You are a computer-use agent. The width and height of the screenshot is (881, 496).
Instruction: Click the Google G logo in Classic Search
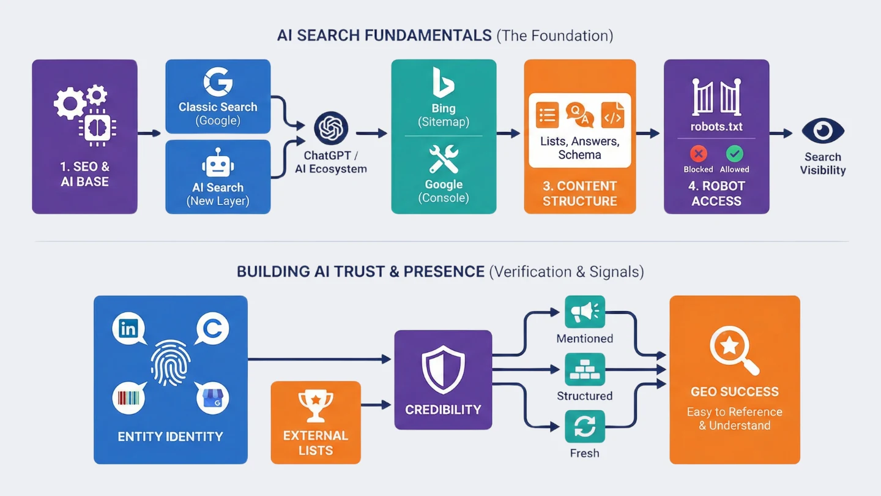(218, 82)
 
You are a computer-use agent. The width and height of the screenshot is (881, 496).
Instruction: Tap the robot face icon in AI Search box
(218, 164)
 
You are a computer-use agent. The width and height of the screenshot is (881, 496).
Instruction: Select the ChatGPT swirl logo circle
(331, 129)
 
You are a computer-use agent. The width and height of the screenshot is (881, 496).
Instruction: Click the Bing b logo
(443, 82)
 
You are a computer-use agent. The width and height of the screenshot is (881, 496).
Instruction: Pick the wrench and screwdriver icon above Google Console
(444, 159)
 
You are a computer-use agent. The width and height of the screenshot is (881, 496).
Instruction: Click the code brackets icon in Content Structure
(612, 115)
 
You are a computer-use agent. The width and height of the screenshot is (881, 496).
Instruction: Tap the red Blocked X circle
(698, 154)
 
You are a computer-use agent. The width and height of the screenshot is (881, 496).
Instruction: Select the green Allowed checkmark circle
(734, 154)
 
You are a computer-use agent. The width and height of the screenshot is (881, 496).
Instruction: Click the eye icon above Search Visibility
(823, 131)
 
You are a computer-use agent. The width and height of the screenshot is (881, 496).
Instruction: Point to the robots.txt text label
(716, 127)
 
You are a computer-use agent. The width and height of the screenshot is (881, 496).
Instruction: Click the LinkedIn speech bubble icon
(129, 329)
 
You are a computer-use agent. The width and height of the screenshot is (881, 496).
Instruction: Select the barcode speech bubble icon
(129, 398)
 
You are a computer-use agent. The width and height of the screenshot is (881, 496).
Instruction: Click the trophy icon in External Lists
(315, 406)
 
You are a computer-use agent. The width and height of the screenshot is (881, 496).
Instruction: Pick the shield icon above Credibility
(443, 369)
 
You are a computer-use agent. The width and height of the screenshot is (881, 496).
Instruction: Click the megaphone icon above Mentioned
(585, 312)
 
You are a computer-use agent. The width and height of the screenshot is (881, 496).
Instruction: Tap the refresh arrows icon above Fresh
(585, 427)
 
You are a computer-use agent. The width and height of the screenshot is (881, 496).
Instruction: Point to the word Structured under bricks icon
(585, 396)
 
